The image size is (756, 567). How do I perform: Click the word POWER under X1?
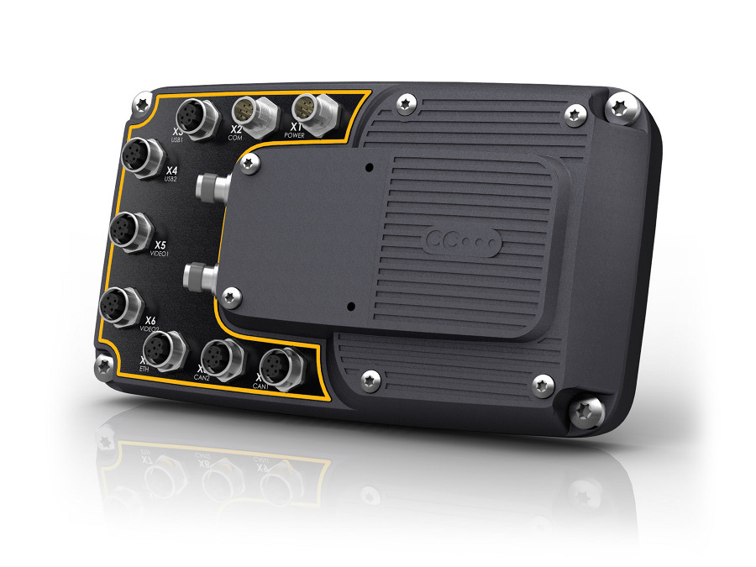(x=295, y=134)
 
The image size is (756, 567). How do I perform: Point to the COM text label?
(x=236, y=138)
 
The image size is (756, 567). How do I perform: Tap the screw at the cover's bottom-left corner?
(x=232, y=294)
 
